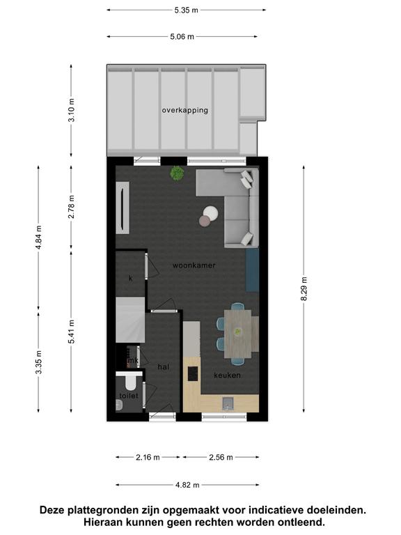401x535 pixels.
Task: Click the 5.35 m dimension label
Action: tap(186, 10)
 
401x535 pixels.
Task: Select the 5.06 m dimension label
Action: tap(182, 36)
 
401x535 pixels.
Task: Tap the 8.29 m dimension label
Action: tap(304, 288)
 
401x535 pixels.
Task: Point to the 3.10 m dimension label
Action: tap(71, 110)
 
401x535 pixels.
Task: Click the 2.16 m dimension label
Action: tap(148, 457)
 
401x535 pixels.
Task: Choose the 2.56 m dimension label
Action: tap(221, 457)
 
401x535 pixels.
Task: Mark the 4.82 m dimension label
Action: tap(187, 485)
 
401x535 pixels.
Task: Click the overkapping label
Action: tap(184, 110)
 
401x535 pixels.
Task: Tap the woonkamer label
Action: tap(194, 265)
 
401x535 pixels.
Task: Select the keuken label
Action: tap(227, 375)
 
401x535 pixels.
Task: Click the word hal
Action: tap(164, 367)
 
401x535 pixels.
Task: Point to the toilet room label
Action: tap(129, 396)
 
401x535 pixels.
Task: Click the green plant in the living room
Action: tap(177, 173)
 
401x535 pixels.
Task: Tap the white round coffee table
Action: tap(211, 213)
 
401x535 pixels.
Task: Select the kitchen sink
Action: tap(228, 403)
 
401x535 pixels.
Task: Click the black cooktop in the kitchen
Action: tap(193, 373)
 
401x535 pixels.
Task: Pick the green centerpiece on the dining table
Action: tap(237, 331)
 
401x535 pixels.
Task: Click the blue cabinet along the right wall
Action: tap(252, 270)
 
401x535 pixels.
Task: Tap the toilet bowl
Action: tap(130, 383)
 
